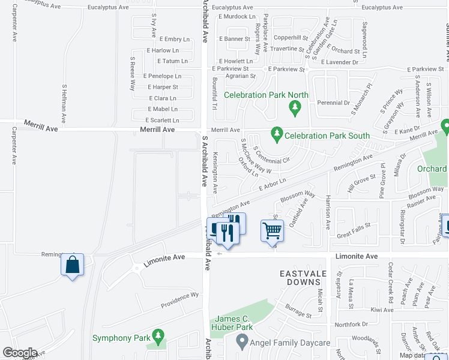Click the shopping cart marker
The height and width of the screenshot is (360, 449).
(272, 229)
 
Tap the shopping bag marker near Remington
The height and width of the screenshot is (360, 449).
(72, 265)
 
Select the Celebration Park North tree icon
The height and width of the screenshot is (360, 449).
(294, 107)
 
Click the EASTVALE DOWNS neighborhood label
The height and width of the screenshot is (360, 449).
(306, 277)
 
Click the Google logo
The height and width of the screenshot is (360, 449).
(20, 353)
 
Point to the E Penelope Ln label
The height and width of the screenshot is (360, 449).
(162, 76)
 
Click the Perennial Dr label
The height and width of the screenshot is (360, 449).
(333, 103)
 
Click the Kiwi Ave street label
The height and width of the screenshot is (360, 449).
(382, 310)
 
